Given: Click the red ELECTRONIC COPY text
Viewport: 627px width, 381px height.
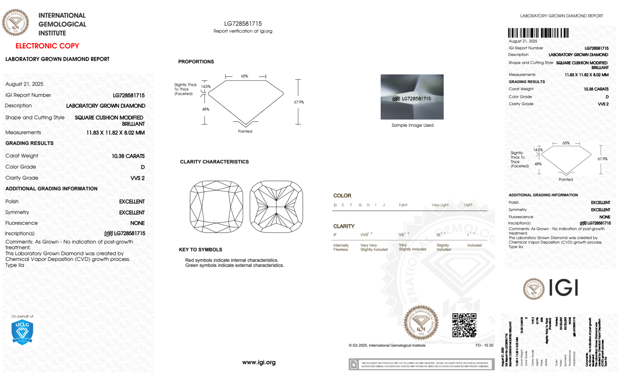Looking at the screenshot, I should (x=47, y=46).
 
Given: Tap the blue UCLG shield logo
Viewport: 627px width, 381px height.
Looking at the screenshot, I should (x=22, y=332).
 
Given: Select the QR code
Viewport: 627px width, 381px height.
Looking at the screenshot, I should (x=464, y=325).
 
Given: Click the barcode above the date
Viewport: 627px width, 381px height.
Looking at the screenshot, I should (x=538, y=33).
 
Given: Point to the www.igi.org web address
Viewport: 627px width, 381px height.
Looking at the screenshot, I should (x=259, y=362).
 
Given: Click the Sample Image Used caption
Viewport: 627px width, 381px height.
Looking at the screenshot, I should (x=412, y=125).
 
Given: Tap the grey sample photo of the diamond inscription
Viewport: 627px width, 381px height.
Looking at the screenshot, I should (x=412, y=97).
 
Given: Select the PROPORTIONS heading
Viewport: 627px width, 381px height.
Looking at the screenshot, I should (x=196, y=62).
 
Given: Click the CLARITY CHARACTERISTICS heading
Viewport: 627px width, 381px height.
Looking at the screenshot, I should (x=214, y=162).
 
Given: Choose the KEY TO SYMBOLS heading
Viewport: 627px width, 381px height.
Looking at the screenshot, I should (x=201, y=250).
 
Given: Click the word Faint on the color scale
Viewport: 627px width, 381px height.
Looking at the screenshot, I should (x=403, y=205).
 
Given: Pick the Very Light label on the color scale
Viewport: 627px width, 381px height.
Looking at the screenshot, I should (x=440, y=205).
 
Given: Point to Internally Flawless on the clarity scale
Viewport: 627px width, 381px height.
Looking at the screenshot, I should (x=341, y=247).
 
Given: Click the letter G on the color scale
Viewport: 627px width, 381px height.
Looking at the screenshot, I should (x=360, y=205).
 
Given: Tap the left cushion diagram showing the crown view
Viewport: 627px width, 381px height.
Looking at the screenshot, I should (x=217, y=207).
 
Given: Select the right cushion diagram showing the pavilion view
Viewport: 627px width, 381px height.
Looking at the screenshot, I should (x=276, y=207).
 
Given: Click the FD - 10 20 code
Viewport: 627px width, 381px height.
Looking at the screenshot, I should (x=484, y=345).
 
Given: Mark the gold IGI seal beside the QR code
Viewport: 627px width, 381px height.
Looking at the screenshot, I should (x=421, y=323).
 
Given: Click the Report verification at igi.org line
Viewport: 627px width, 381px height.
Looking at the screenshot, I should (x=243, y=31).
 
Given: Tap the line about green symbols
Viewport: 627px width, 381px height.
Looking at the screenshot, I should (x=234, y=265).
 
